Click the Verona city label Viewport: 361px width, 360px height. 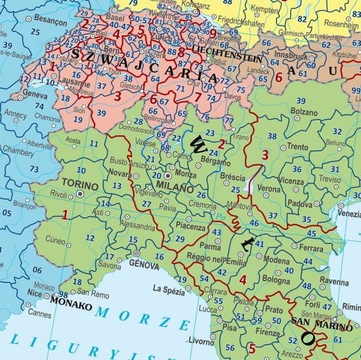point(268,188)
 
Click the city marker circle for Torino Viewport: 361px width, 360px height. point(80,194)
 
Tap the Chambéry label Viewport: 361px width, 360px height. point(16,151)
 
